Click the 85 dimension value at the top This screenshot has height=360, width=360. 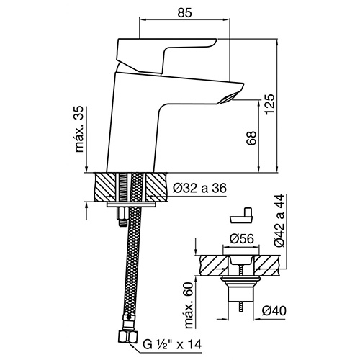(x=185, y=13)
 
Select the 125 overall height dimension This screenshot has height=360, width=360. (x=269, y=104)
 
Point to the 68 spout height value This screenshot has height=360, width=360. (x=252, y=138)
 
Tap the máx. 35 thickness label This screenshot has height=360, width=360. (x=79, y=129)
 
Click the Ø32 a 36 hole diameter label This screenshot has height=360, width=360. (x=199, y=188)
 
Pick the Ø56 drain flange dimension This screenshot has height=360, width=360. (x=241, y=239)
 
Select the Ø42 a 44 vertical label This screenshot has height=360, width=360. (x=279, y=220)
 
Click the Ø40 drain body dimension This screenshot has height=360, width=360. (x=274, y=311)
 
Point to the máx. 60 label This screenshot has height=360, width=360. (x=189, y=305)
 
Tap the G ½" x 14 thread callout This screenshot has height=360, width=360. (x=172, y=345)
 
